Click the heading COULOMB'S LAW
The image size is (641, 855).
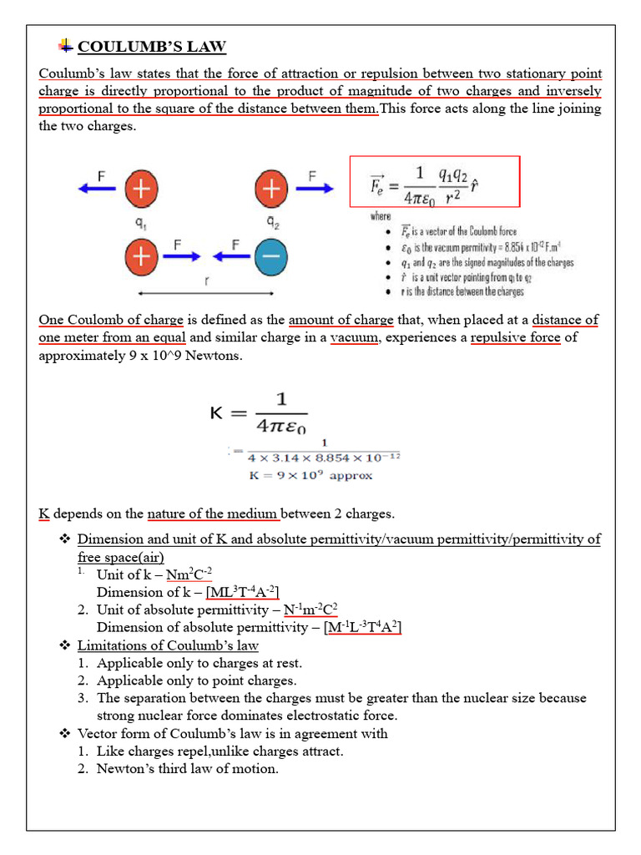151,47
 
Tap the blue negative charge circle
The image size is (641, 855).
270,257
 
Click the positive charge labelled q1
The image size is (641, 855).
141,190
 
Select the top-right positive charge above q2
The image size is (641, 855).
270,190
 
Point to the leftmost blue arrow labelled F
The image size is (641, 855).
98,190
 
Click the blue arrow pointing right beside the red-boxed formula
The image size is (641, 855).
314,190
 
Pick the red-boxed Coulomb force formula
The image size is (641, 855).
434,181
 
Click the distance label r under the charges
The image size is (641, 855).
206,282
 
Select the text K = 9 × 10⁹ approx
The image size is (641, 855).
310,476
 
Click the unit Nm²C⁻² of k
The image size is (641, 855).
189,574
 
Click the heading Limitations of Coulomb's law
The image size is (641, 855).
168,645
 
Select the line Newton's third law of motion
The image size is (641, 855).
188,769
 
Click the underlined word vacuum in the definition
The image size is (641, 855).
354,337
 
